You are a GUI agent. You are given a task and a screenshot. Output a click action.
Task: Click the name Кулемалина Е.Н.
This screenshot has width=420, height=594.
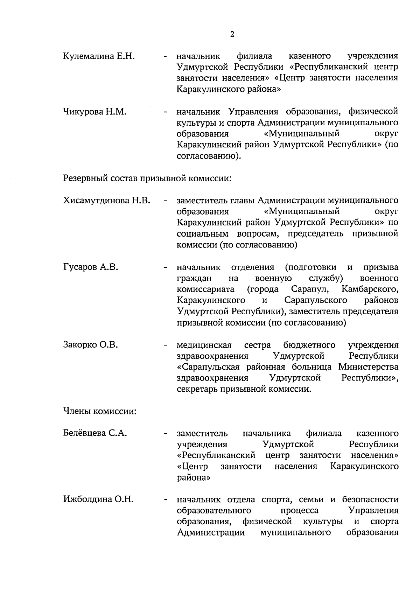(x=99, y=56)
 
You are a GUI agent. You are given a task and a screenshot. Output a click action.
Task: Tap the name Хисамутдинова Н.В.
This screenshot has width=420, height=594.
(x=107, y=201)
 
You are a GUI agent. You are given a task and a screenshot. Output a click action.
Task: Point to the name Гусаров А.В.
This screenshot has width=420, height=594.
(x=90, y=267)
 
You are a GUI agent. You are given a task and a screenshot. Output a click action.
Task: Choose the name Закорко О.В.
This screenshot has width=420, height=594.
(x=90, y=345)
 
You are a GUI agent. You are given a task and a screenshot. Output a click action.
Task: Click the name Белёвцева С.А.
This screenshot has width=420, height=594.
(x=95, y=433)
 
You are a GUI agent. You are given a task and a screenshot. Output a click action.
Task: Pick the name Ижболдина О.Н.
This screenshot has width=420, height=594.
(x=98, y=499)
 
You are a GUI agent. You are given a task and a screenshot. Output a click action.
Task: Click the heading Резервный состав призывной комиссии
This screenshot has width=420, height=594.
(x=147, y=179)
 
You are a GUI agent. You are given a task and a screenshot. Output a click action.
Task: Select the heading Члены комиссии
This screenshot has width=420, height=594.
(x=99, y=411)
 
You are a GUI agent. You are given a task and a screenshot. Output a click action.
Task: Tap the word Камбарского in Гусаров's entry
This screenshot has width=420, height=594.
(x=370, y=289)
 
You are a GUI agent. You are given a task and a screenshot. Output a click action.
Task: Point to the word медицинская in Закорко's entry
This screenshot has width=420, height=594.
(x=204, y=345)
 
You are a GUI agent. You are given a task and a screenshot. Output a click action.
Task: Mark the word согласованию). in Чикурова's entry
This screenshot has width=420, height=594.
(x=209, y=156)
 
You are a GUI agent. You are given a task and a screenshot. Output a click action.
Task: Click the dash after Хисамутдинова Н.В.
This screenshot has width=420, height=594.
(x=164, y=201)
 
